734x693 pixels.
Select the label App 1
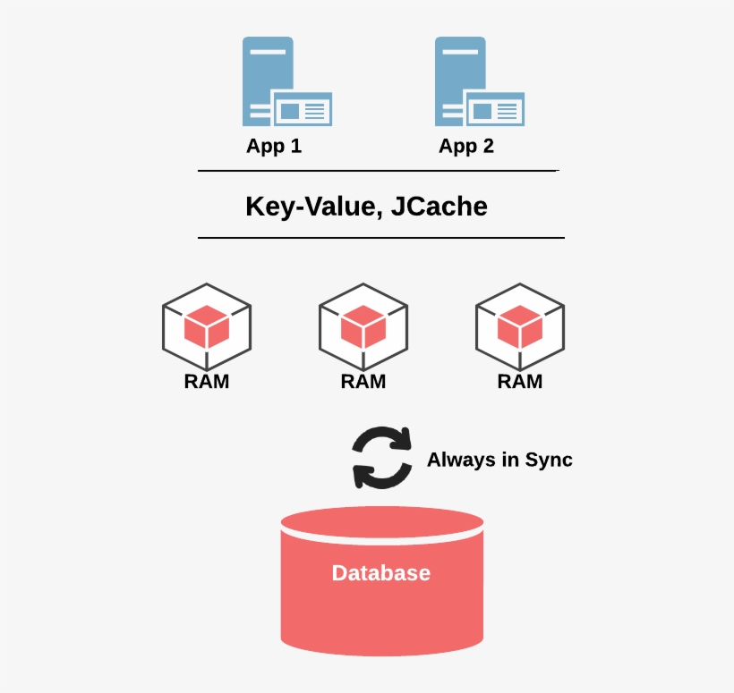point(274,146)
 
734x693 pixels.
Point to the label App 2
point(466,146)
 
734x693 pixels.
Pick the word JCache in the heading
point(440,207)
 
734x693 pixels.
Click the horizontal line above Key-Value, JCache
point(378,170)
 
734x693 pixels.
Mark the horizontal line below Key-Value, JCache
point(380,238)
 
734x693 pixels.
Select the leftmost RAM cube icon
point(207,326)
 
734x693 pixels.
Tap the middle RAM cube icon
point(363,326)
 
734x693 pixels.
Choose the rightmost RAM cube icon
point(520,326)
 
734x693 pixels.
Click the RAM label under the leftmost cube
point(207,382)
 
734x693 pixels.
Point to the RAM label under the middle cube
point(363,382)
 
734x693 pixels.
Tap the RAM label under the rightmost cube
point(520,382)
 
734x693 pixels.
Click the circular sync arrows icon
point(382,457)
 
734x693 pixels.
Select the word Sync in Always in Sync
point(547,461)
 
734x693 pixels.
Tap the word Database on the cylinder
point(381,573)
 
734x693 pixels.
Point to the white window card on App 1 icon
point(302,110)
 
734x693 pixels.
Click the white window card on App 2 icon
point(494,110)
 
